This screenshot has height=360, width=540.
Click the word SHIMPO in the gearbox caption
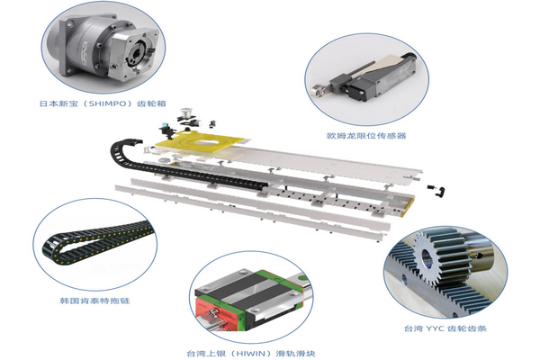coord(107,103)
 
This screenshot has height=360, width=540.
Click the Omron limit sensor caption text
coord(366,135)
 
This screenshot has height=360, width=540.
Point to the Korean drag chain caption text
coord(94,301)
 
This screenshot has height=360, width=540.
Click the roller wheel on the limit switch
coord(317,90)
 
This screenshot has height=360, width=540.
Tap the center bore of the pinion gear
coord(427,257)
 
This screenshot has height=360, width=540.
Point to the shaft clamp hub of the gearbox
coord(139,54)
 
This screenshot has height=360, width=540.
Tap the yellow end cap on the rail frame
coord(409,206)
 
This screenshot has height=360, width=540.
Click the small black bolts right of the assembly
coord(436,190)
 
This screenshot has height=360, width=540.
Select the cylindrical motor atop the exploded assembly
coord(186,113)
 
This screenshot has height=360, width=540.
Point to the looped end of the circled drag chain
coord(51,247)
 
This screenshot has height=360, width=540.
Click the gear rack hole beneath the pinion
coord(405,279)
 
